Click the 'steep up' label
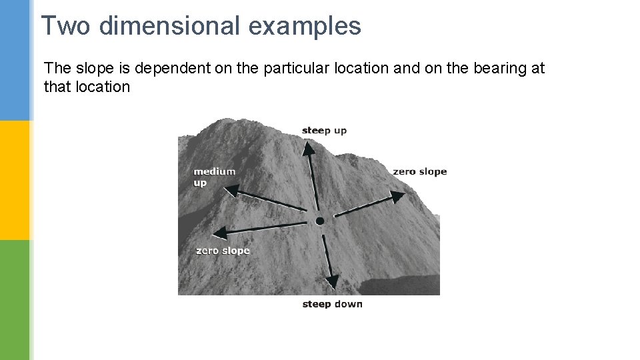tap(324, 130)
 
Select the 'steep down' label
tap(332, 304)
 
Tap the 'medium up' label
tap(214, 177)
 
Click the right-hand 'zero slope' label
tap(419, 171)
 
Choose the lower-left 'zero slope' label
tap(223, 251)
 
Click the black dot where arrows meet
tap(320, 221)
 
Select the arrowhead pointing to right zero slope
tap(397, 197)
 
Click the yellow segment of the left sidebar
tap(15, 180)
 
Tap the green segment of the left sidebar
tap(15, 300)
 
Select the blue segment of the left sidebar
tap(15, 60)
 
